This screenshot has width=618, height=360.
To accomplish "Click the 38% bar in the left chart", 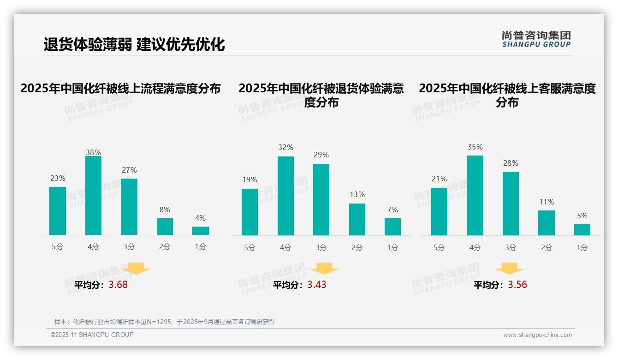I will coord(93,196).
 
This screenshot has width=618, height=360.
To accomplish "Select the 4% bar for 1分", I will coord(201,231).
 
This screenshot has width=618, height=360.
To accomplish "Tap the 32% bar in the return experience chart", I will coord(285,196).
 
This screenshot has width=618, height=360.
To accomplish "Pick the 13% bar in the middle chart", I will coord(357,219).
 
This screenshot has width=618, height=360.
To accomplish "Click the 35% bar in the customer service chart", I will coord(475,195).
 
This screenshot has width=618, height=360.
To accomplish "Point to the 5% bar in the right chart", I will coord(582,230).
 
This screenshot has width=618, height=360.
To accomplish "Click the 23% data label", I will coord(58,179).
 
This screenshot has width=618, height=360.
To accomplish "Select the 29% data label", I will coord(321,155).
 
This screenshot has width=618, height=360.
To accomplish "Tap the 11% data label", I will coord(547,202).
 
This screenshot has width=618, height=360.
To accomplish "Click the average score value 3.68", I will coord(118,285).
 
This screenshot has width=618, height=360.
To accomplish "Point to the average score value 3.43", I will coord(317,285).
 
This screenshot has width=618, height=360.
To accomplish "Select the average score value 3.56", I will coord(517,285).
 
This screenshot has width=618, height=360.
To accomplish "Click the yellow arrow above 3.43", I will coord(324,269).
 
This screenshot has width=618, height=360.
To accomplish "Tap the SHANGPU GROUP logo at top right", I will coord(536,39).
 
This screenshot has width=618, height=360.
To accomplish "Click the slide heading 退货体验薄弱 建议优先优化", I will coord(134,44).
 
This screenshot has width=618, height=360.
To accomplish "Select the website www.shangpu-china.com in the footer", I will coord(537,335).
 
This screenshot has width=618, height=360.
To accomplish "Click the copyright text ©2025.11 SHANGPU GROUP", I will coord(92,335).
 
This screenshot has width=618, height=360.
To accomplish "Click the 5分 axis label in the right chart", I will coord(439,248).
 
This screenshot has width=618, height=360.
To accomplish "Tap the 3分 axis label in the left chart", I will coord(129,247).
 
